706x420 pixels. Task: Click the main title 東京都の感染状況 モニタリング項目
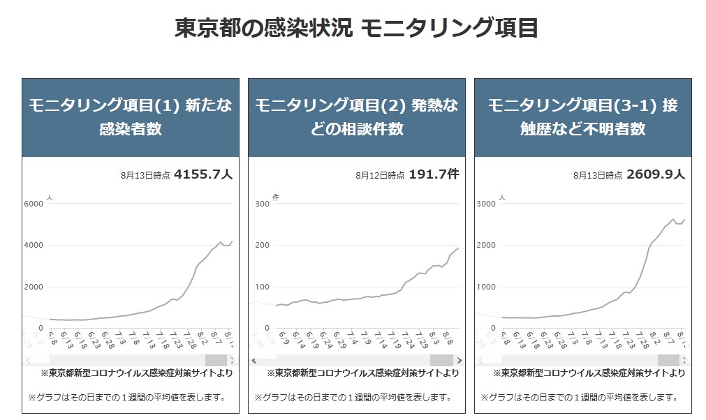(356, 29)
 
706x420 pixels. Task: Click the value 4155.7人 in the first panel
(203, 174)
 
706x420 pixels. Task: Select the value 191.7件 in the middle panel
(434, 174)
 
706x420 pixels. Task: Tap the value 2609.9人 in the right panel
(656, 174)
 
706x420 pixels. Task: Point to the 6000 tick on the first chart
(34, 204)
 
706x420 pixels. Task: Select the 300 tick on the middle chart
(262, 204)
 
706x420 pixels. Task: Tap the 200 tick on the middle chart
(262, 245)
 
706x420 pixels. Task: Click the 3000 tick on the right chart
(486, 204)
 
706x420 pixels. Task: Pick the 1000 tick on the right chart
(486, 287)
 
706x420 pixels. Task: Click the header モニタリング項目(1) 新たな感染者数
(131, 117)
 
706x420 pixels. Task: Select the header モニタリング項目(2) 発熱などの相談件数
(356, 117)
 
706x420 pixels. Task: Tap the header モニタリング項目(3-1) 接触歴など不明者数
(582, 117)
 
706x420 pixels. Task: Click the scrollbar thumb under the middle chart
(441, 360)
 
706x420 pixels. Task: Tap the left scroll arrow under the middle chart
(253, 360)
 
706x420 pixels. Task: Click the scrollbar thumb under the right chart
(668, 360)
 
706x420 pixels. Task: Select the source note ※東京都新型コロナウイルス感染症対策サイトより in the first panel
(136, 373)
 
